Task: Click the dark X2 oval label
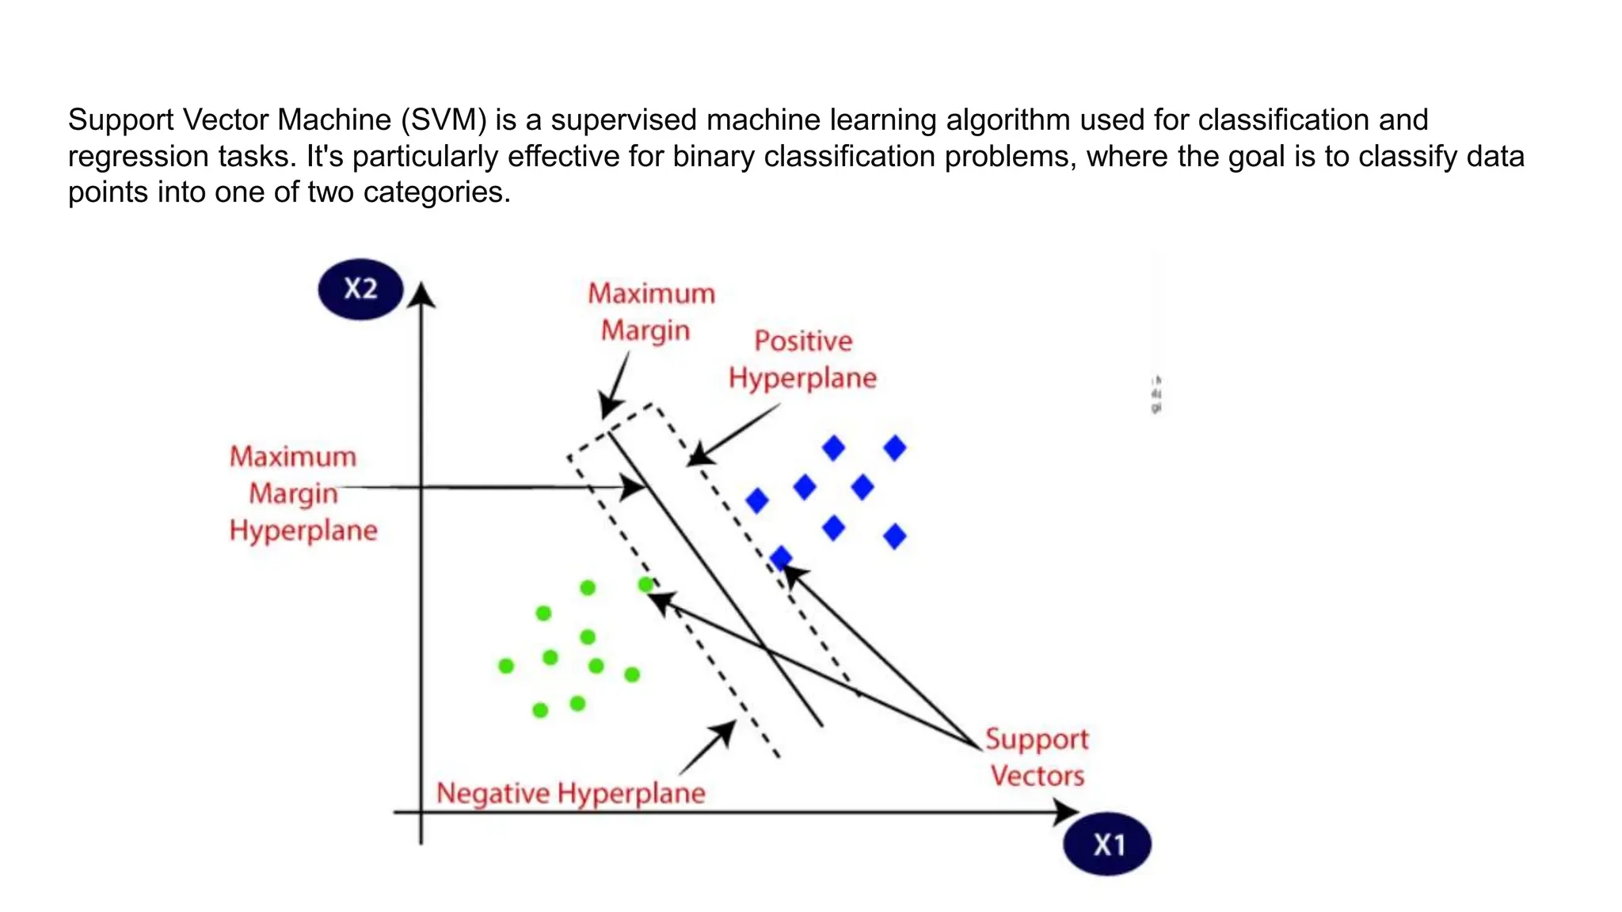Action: tap(360, 289)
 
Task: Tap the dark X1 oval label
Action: tap(1106, 844)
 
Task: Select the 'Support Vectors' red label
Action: tap(1037, 757)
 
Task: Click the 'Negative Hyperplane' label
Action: tap(570, 792)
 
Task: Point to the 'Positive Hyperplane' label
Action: tap(802, 359)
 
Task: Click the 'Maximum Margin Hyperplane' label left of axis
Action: tap(303, 493)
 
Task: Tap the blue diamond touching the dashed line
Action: tap(781, 558)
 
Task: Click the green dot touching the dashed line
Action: tap(646, 585)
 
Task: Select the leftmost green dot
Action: tap(506, 666)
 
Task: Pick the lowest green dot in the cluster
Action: tap(540, 710)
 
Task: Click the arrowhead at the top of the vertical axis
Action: tap(422, 294)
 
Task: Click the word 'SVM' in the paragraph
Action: tap(444, 120)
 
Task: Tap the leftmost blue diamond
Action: tap(757, 500)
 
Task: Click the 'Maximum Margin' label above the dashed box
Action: tap(650, 312)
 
